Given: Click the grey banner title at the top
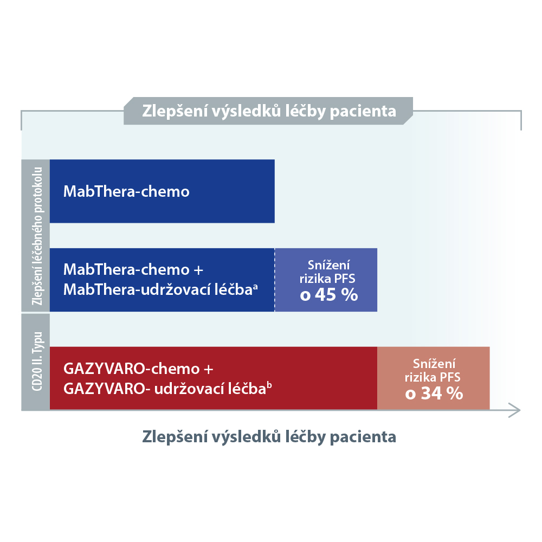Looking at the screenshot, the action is (269, 111).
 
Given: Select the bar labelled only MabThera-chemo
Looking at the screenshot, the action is (162, 191).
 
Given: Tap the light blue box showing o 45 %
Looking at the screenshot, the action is (326, 280).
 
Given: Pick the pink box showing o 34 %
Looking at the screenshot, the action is (434, 378).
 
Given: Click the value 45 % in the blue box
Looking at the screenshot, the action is (337, 295).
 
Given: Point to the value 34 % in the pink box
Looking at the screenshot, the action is (442, 393).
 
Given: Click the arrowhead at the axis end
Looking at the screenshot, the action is (515, 410).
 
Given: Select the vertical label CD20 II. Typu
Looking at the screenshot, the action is (37, 362).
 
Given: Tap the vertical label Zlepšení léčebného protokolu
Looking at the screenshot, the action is (37, 236).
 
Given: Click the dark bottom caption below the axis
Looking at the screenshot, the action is (269, 436).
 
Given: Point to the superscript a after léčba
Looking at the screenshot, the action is (255, 286).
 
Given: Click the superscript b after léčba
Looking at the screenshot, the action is (269, 385).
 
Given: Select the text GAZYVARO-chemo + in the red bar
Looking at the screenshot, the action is (138, 369).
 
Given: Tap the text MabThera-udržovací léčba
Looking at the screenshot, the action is (158, 289).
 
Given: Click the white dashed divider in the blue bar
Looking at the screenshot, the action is (275, 280).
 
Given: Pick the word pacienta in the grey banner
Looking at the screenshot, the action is (363, 112).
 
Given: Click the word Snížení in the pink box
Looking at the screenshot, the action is (434, 364).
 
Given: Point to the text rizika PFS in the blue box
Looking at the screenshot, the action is (327, 279).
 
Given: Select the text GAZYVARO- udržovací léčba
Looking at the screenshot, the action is (165, 389).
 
